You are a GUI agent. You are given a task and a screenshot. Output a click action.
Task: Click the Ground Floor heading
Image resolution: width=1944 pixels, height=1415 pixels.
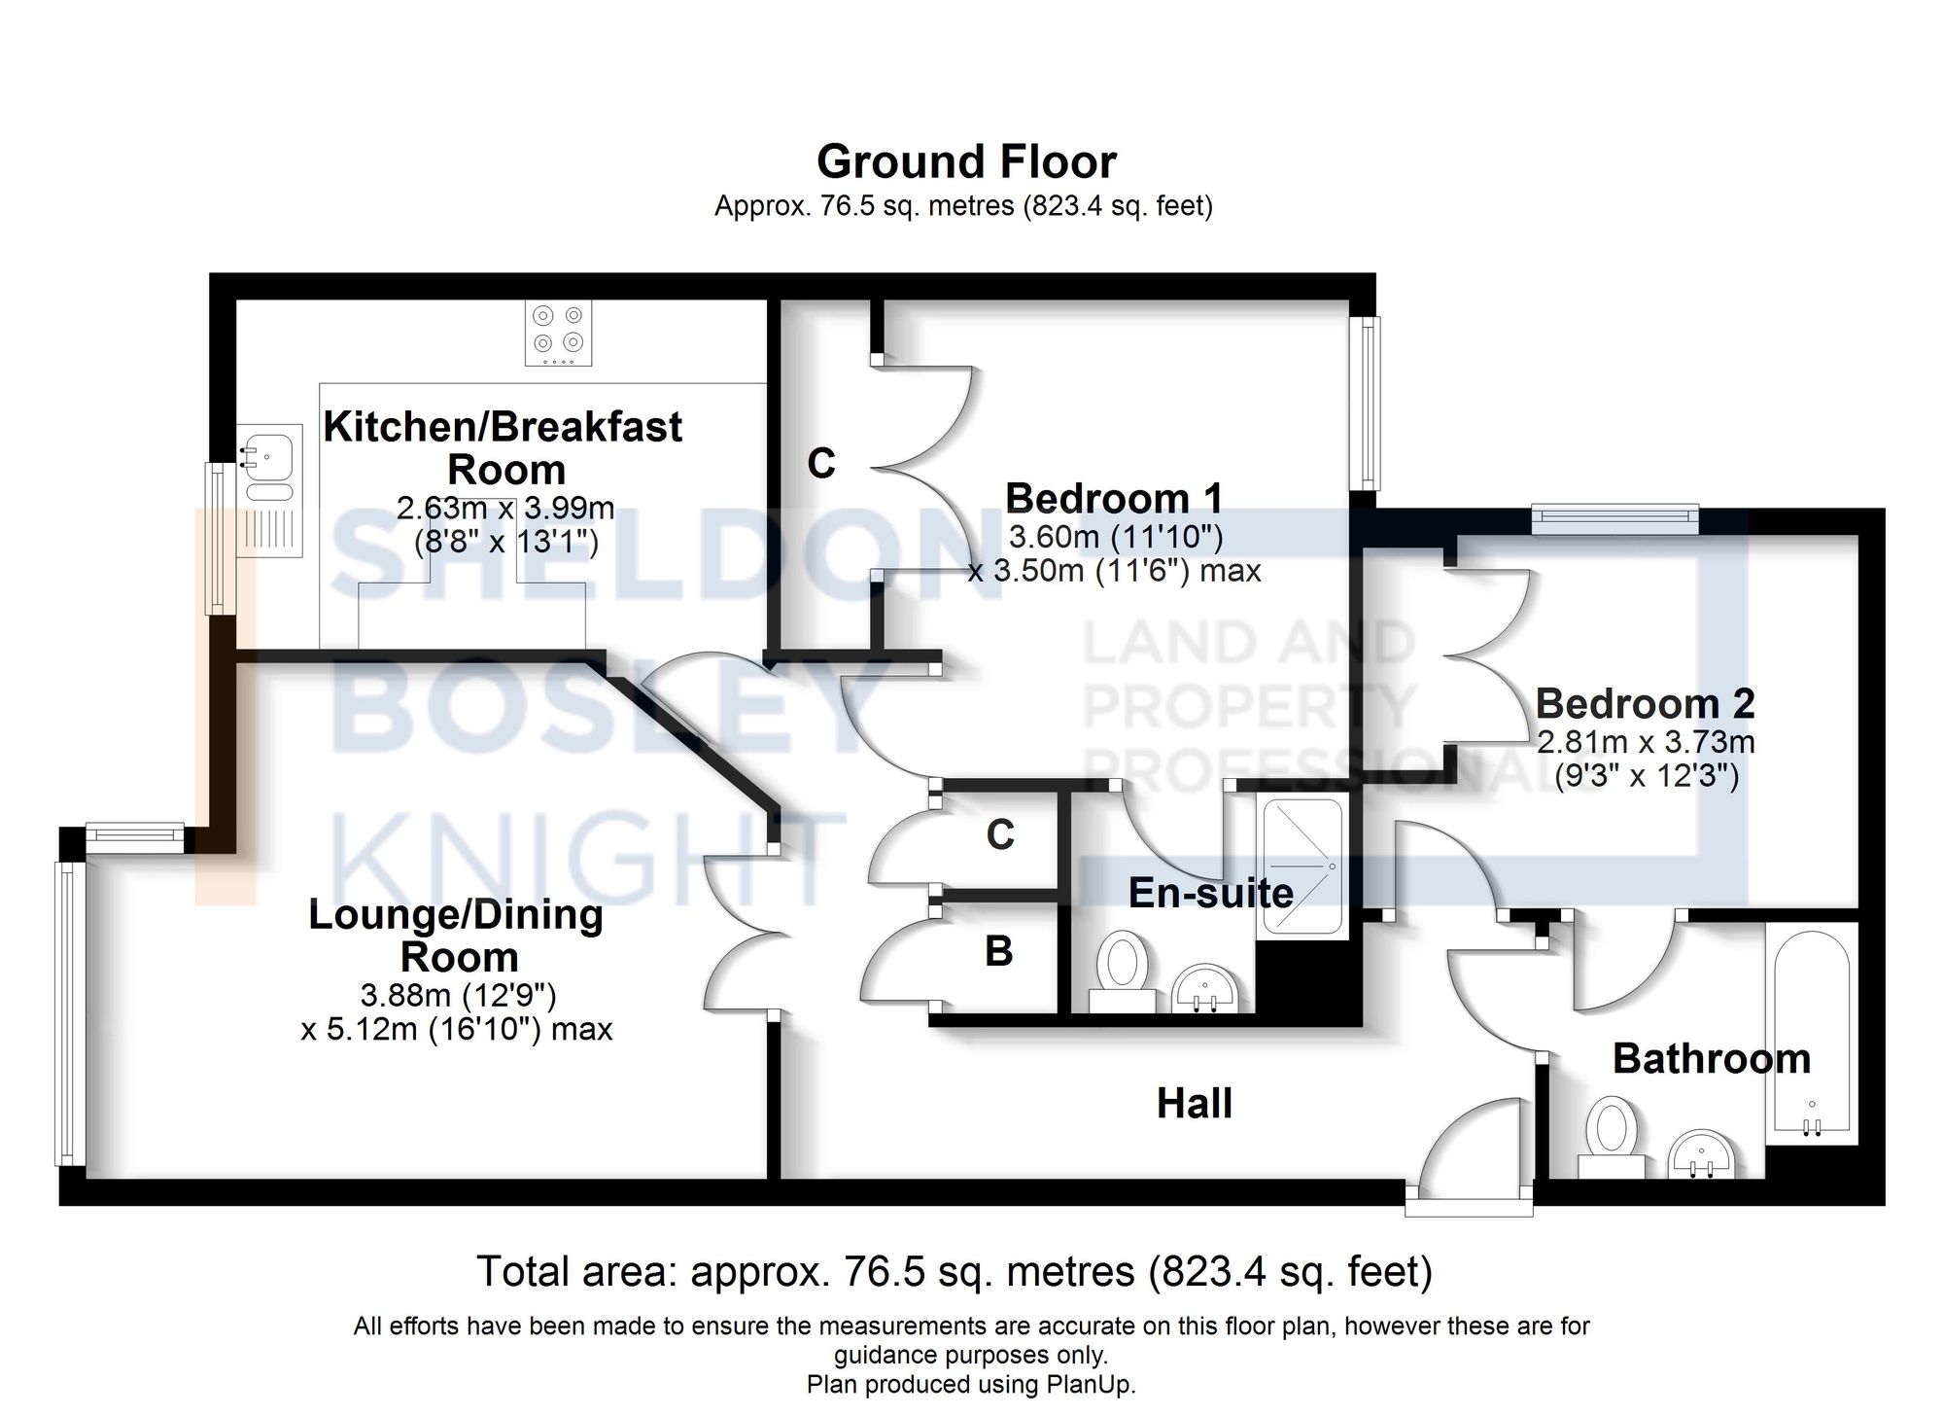[966, 162]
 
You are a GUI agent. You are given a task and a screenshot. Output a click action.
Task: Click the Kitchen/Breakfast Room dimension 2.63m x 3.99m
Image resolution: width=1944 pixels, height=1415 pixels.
[505, 508]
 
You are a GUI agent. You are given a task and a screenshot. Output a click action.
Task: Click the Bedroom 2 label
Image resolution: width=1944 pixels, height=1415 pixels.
[1645, 703]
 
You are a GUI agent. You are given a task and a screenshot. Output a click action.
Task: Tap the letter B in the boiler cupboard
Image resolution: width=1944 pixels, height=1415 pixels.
[998, 952]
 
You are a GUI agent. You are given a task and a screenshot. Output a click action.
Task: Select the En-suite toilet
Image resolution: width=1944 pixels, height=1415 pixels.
[1122, 969]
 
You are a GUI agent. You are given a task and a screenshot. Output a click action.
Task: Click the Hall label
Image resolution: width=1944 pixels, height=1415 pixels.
[1194, 1104]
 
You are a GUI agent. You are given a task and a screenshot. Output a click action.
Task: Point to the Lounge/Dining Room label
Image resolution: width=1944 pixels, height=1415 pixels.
[456, 936]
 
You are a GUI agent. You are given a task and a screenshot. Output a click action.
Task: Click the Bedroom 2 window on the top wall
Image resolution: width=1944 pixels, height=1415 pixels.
[1614, 518]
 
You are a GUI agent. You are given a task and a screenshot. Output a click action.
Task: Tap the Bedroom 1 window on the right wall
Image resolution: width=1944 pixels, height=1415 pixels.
[1369, 404]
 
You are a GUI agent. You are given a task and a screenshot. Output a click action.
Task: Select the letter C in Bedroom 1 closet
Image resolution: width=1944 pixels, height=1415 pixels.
[821, 464]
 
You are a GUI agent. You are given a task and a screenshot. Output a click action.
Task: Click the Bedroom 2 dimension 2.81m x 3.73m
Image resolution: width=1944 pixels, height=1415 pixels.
[1645, 743]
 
